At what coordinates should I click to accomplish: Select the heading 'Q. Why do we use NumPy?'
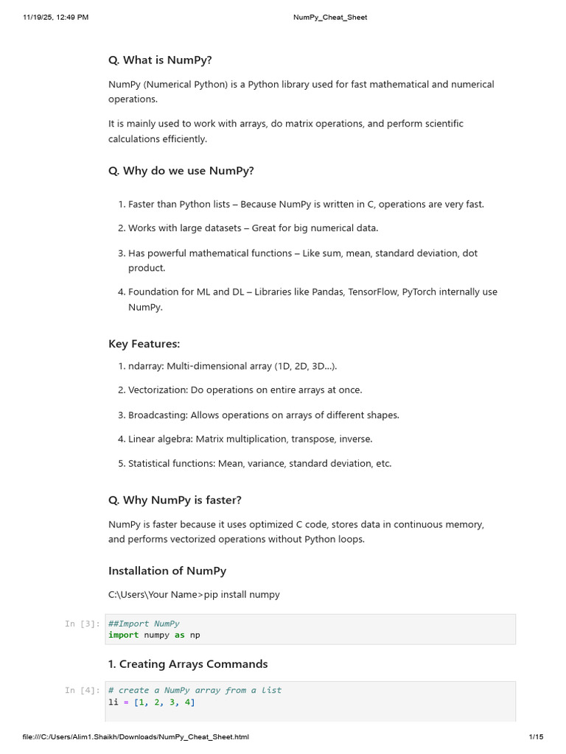181,171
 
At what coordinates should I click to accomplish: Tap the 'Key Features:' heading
144,344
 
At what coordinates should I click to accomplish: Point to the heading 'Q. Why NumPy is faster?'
175,500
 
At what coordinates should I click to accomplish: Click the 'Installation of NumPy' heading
167,571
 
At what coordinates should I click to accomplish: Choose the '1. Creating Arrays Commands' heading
187,664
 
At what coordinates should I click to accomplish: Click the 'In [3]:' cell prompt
81,624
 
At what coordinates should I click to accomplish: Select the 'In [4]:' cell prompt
81,691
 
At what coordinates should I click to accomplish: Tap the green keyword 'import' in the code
123,635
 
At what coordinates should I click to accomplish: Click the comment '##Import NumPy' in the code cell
144,624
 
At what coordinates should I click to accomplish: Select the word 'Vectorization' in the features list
156,390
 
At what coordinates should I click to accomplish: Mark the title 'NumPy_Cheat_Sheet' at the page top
325,17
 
